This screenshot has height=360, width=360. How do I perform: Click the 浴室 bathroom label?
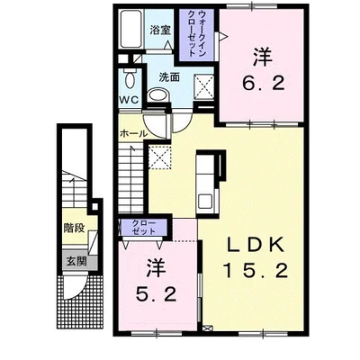(x=160, y=30)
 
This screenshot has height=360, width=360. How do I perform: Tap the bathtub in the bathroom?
(x=130, y=29)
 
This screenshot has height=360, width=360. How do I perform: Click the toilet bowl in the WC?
(x=130, y=79)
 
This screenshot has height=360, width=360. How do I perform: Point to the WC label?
(x=130, y=100)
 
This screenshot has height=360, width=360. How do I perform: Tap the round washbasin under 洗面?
(x=158, y=95)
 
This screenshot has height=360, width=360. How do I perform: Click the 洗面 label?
(x=169, y=77)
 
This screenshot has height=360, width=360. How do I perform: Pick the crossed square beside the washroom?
(x=204, y=86)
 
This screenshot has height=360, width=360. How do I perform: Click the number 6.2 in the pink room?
(x=264, y=84)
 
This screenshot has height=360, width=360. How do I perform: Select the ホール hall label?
(x=134, y=134)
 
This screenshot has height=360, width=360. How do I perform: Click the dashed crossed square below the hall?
(x=160, y=157)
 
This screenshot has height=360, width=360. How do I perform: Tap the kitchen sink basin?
(x=205, y=201)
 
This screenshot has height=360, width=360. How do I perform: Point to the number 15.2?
(x=256, y=270)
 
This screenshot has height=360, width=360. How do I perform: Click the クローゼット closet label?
(x=144, y=228)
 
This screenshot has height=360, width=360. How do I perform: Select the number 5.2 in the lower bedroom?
(x=156, y=294)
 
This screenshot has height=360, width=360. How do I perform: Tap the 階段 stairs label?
(x=74, y=229)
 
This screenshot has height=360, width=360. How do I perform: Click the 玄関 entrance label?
(x=76, y=262)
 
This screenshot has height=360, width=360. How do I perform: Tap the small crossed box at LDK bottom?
(x=207, y=328)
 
